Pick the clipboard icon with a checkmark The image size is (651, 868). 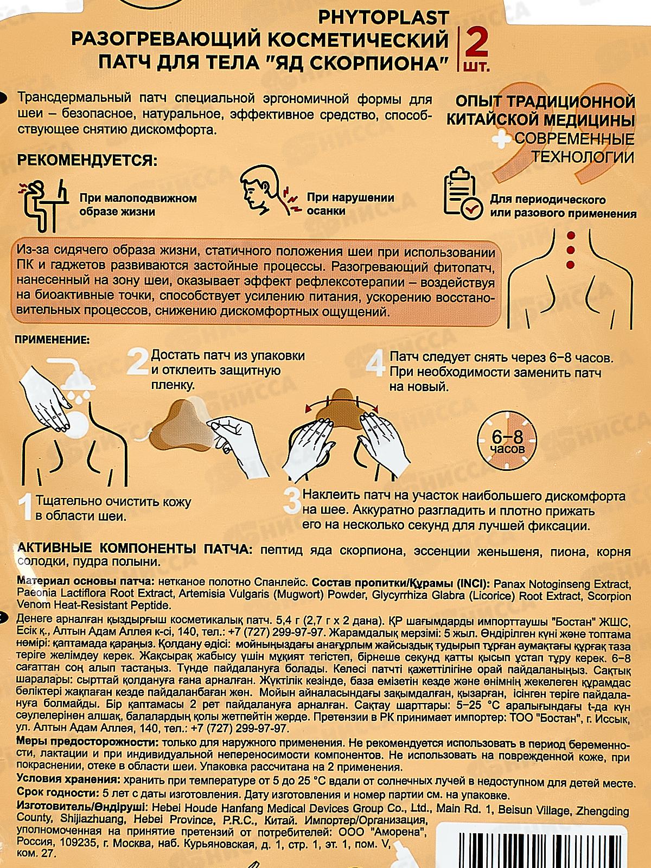pos(462,194)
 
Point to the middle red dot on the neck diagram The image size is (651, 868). pos(570,250)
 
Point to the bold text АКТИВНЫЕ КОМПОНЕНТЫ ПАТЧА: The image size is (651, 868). pos(135,551)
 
